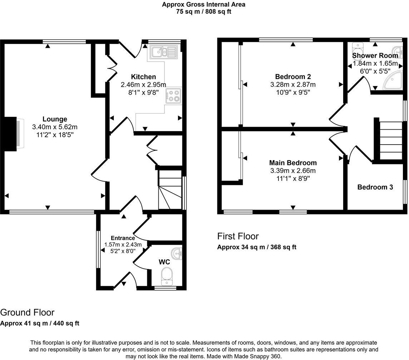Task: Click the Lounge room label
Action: click(55, 119)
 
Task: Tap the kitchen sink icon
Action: click(164, 52)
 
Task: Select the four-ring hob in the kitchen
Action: click(173, 96)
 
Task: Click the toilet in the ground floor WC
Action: click(166, 276)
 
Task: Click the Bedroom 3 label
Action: click(375, 187)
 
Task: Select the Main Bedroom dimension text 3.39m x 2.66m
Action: click(293, 170)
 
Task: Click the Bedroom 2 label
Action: click(293, 76)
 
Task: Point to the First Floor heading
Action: click(238, 236)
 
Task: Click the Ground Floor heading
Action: click(27, 312)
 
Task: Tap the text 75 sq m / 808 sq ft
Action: click(203, 11)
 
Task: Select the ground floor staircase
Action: click(170, 190)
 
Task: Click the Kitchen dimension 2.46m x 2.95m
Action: click(143, 85)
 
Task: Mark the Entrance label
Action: click(123, 238)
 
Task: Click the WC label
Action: click(164, 262)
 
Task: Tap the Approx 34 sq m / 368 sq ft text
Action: click(257, 247)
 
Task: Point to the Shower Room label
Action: click(375, 56)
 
